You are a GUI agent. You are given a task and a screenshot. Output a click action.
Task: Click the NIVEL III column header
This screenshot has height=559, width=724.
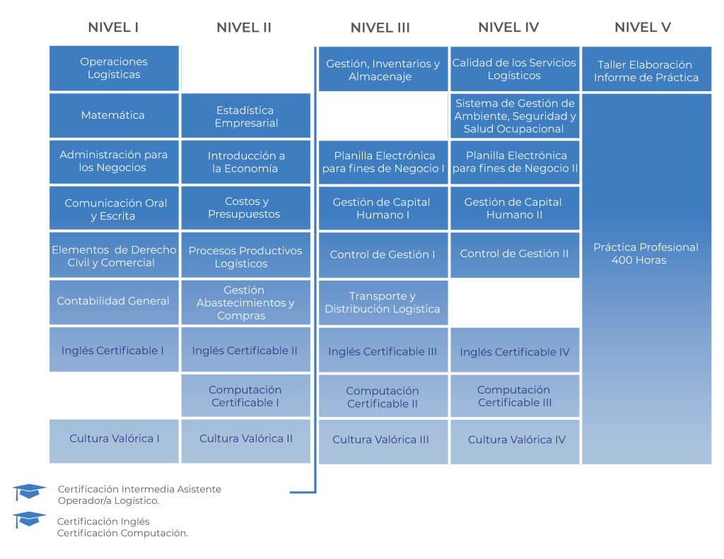tap(380, 28)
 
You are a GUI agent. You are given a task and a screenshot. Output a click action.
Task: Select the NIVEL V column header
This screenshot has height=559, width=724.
tap(643, 28)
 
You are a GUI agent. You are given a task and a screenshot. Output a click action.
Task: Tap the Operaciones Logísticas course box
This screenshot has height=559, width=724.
tap(114, 69)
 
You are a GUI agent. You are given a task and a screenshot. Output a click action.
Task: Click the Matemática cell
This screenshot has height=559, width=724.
tap(113, 115)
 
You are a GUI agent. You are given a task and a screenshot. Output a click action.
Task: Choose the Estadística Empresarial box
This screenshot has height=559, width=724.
tap(246, 117)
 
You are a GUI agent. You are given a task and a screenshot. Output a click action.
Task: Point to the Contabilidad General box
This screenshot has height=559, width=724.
tap(113, 301)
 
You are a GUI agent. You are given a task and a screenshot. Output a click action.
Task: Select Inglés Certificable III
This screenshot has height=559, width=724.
tap(383, 351)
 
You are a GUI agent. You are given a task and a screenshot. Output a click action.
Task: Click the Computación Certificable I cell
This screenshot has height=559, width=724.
tap(245, 396)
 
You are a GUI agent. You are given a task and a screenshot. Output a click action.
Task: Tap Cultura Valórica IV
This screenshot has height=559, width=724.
tap(516, 440)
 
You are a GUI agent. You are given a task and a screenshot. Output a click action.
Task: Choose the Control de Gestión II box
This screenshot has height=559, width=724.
tap(515, 254)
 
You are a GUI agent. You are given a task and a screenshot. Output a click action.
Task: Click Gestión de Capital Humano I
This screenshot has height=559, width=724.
tap(383, 208)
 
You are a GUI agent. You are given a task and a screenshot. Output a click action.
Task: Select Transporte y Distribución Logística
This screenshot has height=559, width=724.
tap(383, 302)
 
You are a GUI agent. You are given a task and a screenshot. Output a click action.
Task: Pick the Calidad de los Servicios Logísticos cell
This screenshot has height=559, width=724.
tap(515, 69)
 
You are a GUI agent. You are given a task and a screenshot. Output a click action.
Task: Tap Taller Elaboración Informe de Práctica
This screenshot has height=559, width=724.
tap(646, 71)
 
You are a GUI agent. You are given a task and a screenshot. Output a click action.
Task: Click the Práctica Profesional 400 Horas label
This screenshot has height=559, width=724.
tap(646, 254)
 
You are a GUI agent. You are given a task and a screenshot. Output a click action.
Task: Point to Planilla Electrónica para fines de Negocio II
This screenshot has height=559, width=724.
tap(515, 162)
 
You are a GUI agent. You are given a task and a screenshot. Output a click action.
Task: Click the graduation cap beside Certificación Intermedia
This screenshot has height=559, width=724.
tap(30, 491)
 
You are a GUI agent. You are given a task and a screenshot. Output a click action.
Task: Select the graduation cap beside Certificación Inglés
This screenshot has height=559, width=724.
tap(30, 519)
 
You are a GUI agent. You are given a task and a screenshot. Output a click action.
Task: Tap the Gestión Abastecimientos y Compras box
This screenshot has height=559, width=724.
tap(246, 302)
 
